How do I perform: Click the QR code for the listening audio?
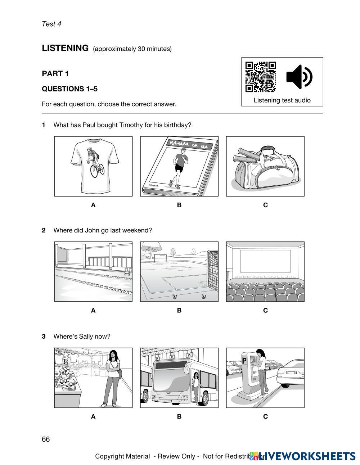pyautogui.click(x=260, y=77)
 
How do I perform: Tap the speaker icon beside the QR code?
pyautogui.click(x=299, y=77)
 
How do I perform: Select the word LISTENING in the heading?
pyautogui.click(x=65, y=48)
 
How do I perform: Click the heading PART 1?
pyautogui.click(x=55, y=74)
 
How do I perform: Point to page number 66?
pyautogui.click(x=46, y=439)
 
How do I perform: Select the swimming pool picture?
pyautogui.click(x=93, y=272)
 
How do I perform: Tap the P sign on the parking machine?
pyautogui.click(x=245, y=360)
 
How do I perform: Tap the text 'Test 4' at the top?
pyautogui.click(x=51, y=24)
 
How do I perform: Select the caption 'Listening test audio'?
pyautogui.click(x=282, y=100)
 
